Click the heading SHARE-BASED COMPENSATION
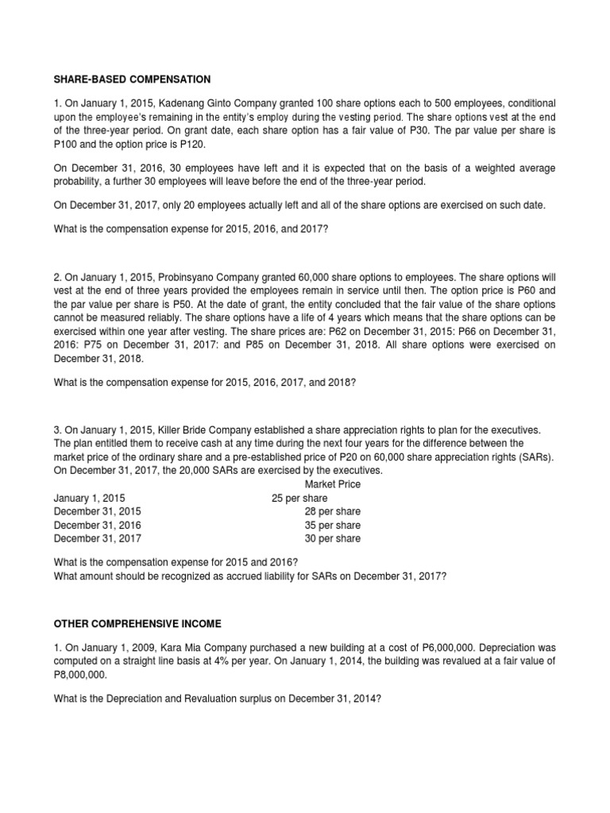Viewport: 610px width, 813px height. click(x=132, y=79)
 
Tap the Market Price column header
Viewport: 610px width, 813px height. click(x=332, y=484)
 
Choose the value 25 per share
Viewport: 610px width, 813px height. click(x=299, y=498)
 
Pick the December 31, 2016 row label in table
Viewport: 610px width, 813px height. click(x=97, y=525)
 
